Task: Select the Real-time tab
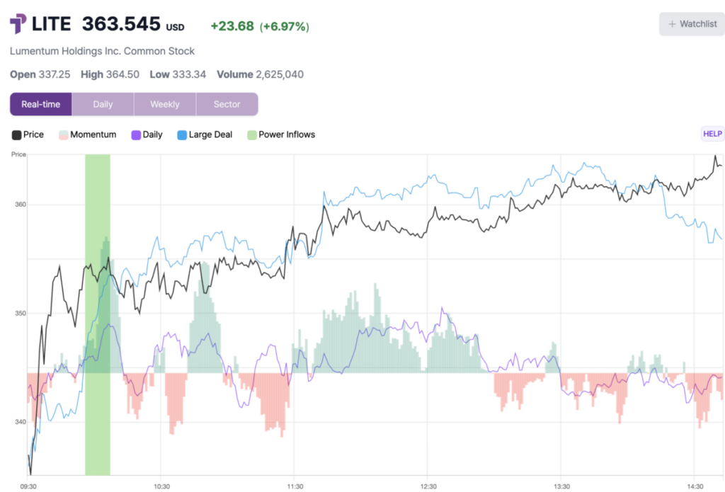coord(41,104)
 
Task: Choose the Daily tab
coord(103,104)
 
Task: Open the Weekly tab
coord(165,104)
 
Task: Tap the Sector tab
coord(227,104)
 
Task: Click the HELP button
coord(712,134)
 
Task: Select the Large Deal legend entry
coord(204,135)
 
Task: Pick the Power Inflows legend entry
coord(281,135)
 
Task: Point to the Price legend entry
coord(28,135)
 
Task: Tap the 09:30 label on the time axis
coord(28,486)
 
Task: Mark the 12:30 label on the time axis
coord(427,486)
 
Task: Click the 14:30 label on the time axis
coord(694,486)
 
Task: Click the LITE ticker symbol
coord(52,24)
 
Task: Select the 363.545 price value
coord(121,24)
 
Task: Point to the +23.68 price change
coord(232,26)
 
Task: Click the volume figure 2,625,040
coord(279,74)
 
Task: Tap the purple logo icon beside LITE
coord(18,24)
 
